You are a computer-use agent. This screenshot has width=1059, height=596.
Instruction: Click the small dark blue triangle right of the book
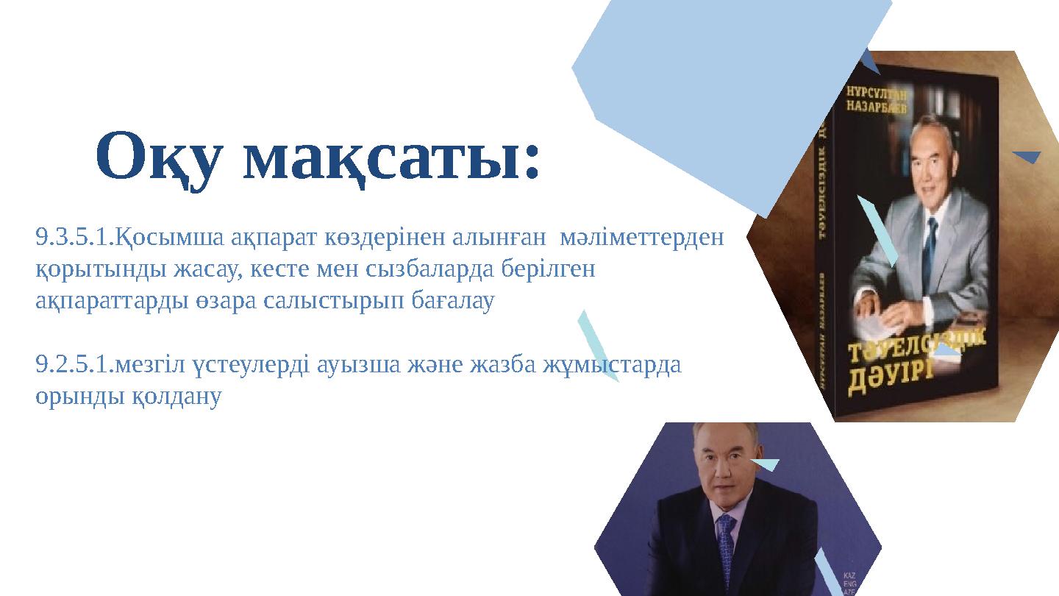tap(1027, 156)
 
